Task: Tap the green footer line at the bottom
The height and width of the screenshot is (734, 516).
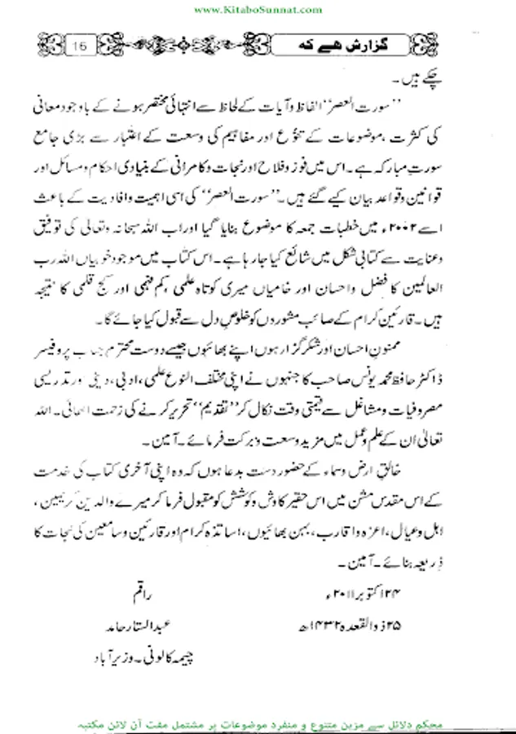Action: [258, 723]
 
